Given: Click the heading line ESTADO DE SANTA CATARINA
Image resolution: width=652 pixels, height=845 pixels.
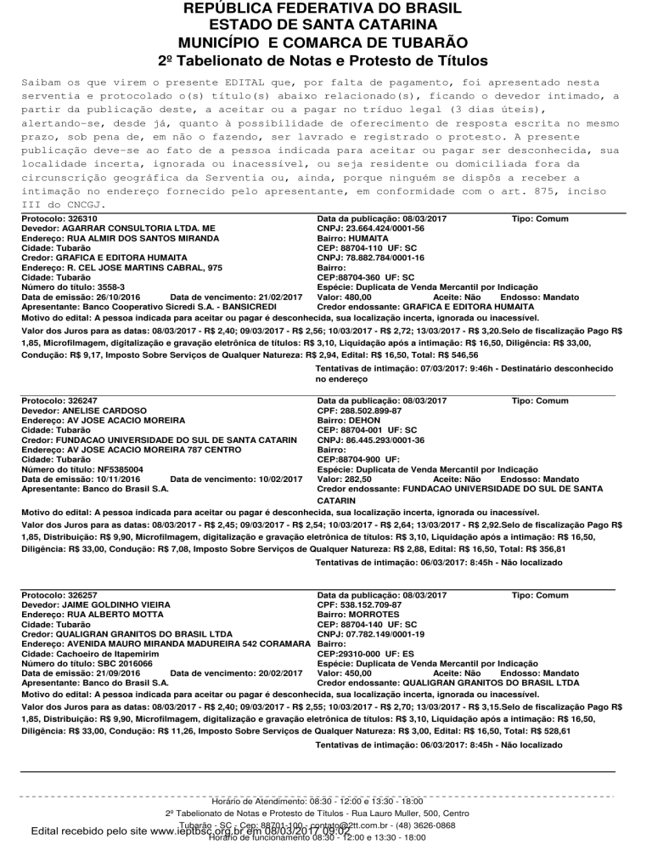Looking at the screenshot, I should (326, 26).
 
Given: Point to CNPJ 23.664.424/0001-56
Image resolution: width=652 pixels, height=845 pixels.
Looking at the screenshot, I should (382, 229).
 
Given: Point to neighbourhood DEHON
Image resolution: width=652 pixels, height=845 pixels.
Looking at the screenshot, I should (365, 420).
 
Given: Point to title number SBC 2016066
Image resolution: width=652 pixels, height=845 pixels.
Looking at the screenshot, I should (120, 662).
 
